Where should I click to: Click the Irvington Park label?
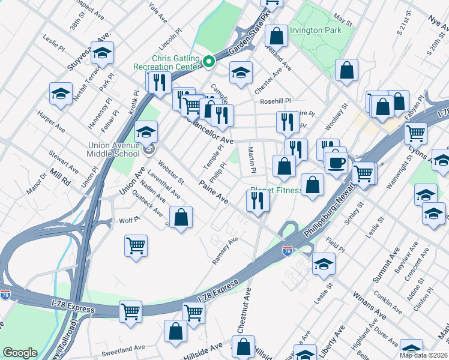point(316,30)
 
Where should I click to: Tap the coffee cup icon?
point(337,161)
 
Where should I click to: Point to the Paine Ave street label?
point(214,193)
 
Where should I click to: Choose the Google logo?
point(20,353)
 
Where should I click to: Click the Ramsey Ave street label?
point(225,250)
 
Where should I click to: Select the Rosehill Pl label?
point(275,101)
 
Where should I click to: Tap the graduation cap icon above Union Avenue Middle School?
point(145,131)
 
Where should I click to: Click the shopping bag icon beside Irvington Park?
point(277,35)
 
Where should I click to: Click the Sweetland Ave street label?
point(123,347)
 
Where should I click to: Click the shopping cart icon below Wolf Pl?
point(136,245)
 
